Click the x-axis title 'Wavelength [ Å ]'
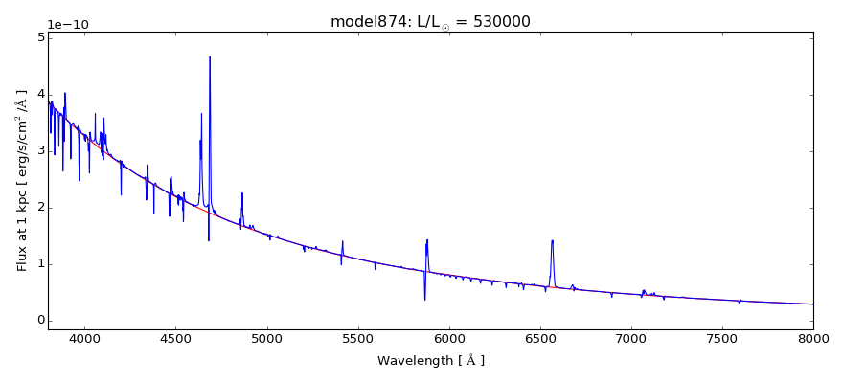430,361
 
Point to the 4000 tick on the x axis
84,338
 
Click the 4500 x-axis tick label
175,338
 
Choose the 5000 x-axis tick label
266,338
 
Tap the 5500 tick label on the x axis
357,338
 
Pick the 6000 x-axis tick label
449,338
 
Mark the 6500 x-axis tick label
540,338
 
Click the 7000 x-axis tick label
631,338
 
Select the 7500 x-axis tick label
722,338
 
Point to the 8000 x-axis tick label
813,338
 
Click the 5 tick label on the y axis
40,38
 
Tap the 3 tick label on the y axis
40,151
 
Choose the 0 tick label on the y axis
40,321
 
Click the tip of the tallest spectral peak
210,56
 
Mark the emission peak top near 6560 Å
552,240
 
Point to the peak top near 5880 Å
427,239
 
